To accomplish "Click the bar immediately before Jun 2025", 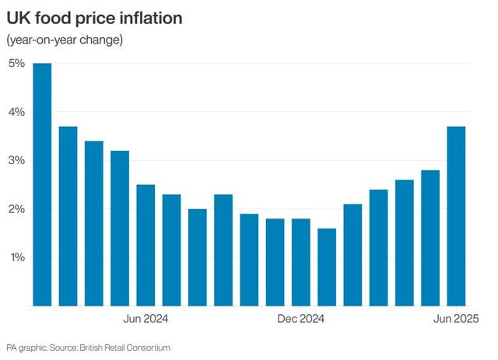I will click(x=430, y=238).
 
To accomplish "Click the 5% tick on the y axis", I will click(x=17, y=63).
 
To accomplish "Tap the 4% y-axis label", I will click(x=17, y=112).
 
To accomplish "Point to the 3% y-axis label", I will click(x=17, y=160).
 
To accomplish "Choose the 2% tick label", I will click(x=17, y=209).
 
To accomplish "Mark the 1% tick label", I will click(x=17, y=257).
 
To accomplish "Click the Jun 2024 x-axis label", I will click(x=146, y=318).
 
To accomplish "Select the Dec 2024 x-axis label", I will click(x=301, y=318).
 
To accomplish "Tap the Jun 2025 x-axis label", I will click(x=454, y=318).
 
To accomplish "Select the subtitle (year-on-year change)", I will click(x=65, y=40).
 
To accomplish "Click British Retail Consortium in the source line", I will click(x=125, y=347).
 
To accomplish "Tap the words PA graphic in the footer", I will click(x=24, y=347).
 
